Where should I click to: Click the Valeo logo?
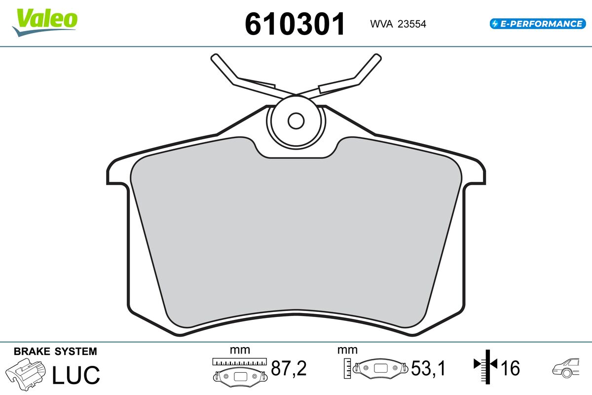pos(45,21)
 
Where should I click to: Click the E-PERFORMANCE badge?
pos(536,23)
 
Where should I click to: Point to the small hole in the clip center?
pos(296,120)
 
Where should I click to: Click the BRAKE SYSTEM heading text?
pos(55,352)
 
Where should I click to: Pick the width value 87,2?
pos(289,368)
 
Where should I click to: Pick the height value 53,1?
pos(429,368)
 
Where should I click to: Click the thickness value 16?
pos(511,368)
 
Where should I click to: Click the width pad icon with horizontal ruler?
pos(239,371)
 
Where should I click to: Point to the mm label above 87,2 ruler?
pos(240,350)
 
